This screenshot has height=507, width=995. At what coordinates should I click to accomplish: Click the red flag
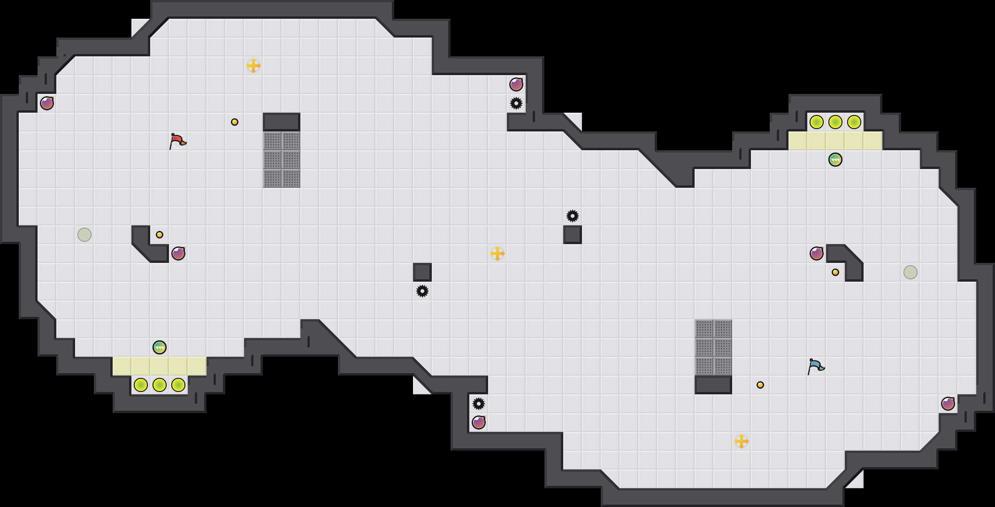(x=177, y=141)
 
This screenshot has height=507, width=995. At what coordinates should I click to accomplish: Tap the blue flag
(x=816, y=366)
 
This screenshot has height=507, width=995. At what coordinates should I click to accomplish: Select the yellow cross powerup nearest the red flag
(x=253, y=66)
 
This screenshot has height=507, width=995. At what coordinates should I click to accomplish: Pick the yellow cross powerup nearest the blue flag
(x=742, y=441)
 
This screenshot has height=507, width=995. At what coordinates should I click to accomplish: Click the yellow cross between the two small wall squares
(x=497, y=253)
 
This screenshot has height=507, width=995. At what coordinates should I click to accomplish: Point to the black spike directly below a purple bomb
(x=516, y=103)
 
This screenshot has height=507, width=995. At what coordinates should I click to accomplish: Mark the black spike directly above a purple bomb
(x=479, y=404)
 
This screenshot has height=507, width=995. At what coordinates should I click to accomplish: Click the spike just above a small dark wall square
(x=573, y=216)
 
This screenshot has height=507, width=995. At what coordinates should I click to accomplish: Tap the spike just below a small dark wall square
(x=422, y=291)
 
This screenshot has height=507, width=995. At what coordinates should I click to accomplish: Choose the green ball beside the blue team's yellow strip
(x=835, y=160)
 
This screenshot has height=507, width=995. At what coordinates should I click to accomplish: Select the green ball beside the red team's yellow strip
(x=160, y=347)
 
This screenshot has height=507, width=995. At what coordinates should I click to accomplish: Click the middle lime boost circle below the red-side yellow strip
(x=160, y=385)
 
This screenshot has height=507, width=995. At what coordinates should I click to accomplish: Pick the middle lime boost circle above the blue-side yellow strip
(x=835, y=122)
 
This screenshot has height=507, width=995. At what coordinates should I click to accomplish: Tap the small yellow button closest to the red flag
(x=235, y=122)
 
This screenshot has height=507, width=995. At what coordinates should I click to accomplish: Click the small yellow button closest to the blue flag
(x=760, y=385)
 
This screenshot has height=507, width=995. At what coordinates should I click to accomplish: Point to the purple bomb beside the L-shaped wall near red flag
(x=178, y=253)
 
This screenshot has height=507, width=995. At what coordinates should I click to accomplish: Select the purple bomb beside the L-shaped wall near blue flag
(x=817, y=253)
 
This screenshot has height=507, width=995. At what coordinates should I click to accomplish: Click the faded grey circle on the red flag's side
(x=84, y=235)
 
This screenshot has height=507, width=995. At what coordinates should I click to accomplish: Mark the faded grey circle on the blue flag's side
(x=911, y=272)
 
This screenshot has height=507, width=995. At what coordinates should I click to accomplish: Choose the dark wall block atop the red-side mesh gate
(x=282, y=122)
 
